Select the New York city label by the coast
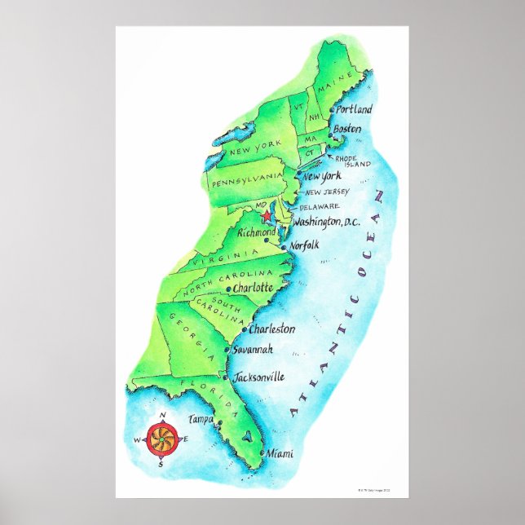(321, 176)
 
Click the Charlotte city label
(252, 288)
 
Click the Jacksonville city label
(258, 377)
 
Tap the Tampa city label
(200, 418)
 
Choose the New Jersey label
(328, 192)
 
